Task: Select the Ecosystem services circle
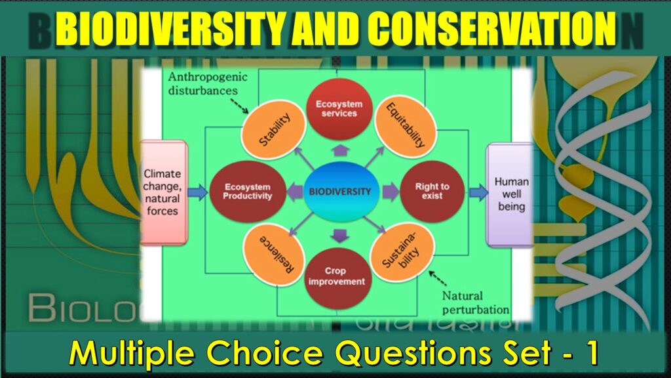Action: [x=336, y=108]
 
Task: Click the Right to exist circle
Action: [x=432, y=191]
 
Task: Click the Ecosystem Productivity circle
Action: [x=240, y=191]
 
